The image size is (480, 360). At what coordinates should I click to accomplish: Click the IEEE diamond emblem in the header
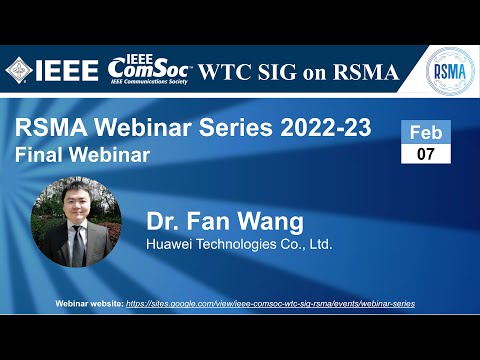19,70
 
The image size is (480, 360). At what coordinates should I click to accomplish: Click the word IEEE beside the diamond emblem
67,70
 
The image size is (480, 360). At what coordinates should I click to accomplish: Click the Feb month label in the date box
426,132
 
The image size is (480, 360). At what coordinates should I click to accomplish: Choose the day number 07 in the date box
426,153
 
